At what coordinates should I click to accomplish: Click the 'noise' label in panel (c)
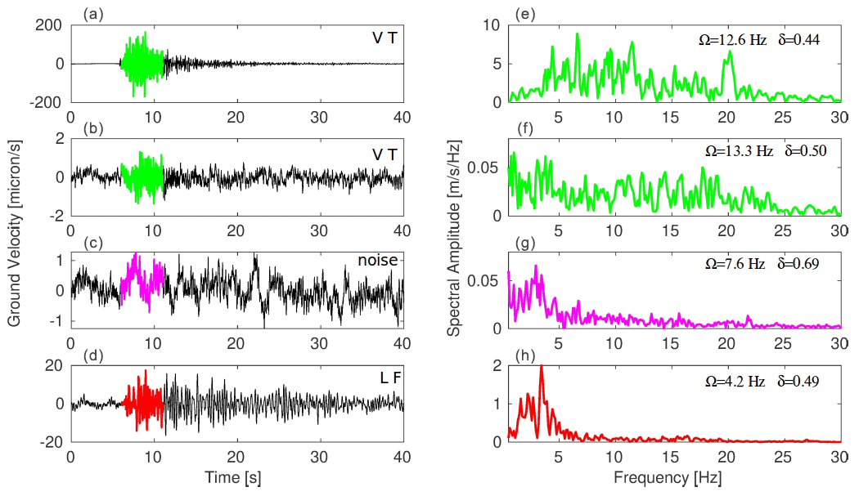[x=377, y=261]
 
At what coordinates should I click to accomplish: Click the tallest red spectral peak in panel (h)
[x=542, y=367]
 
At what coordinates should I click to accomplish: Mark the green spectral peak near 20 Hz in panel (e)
[x=730, y=52]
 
